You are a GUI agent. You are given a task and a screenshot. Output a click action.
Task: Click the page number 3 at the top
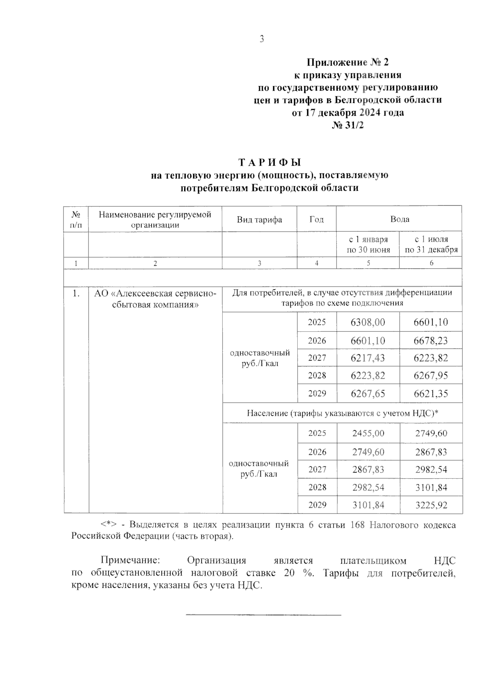(x=262, y=39)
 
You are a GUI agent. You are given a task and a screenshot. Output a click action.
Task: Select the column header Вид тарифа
(x=259, y=219)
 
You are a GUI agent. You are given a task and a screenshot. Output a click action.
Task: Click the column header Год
(x=316, y=219)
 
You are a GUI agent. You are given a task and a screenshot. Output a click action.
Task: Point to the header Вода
(x=399, y=219)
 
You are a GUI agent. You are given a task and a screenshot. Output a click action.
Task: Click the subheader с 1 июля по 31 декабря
(x=431, y=244)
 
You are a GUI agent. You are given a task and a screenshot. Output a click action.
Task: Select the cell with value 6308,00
(x=368, y=322)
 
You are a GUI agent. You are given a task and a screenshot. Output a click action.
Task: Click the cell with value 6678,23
(x=431, y=341)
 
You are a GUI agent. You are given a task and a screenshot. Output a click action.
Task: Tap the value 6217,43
(x=368, y=358)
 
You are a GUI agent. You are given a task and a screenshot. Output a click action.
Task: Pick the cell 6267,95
(x=431, y=376)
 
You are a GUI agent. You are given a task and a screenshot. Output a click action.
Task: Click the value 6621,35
(x=431, y=394)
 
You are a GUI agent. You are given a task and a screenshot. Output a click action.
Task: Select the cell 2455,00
(x=368, y=434)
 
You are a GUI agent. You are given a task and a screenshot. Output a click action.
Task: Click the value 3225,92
(x=431, y=505)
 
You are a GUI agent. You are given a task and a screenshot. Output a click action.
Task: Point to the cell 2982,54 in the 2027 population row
(x=431, y=470)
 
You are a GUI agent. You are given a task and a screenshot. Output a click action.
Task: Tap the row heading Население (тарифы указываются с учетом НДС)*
(x=342, y=413)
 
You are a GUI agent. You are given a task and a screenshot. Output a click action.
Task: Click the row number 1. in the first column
(x=76, y=294)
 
